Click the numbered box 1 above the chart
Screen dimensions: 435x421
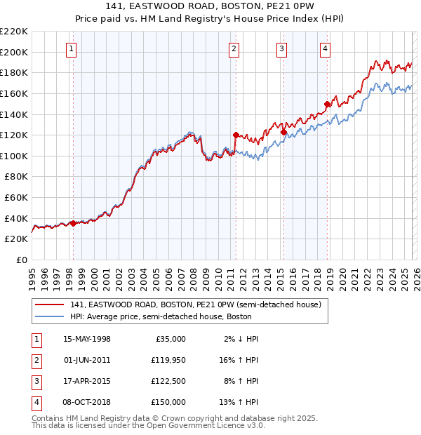tap(73, 48)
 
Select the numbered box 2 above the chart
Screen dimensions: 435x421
tap(234, 48)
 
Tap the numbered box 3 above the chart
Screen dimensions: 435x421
tap(281, 48)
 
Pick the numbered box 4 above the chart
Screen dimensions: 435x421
tap(325, 48)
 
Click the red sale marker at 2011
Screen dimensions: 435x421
tap(236, 135)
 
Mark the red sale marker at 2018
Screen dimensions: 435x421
tap(327, 104)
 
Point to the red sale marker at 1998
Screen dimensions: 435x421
tap(73, 223)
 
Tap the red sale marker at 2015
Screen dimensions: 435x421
tap(283, 132)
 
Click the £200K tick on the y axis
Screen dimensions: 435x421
tap(14, 52)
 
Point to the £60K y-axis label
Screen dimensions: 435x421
tap(16, 197)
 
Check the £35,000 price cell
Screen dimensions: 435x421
tap(169, 339)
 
